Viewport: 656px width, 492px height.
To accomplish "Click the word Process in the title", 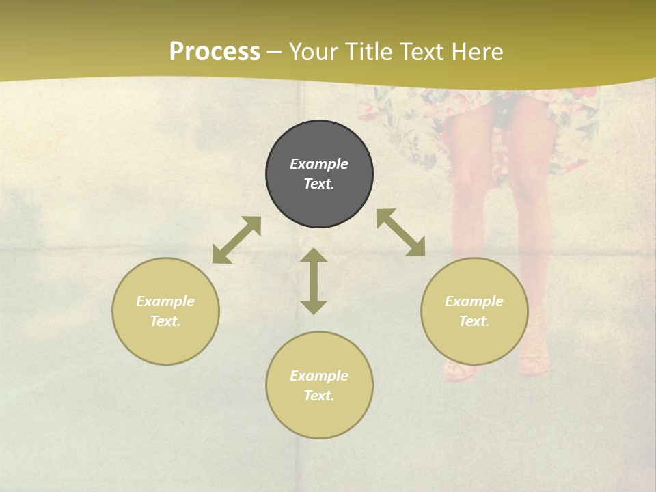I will point(215,52).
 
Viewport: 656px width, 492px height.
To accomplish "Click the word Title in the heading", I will point(371,52).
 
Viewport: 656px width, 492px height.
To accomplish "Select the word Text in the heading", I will point(423,52).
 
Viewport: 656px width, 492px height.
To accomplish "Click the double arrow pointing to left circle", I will point(236,240).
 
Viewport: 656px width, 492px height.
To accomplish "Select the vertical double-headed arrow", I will point(314,281).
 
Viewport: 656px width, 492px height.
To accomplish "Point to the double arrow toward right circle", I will point(400,232).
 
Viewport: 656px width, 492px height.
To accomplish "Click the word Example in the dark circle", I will point(319,164).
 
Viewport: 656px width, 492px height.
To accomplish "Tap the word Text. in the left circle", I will point(165,321).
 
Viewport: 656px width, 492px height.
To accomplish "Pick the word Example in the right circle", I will point(474,301).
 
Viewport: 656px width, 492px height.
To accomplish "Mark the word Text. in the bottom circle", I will point(319,396).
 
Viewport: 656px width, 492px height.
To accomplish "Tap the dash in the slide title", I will point(275,52).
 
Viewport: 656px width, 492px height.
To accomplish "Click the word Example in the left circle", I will point(165,301).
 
